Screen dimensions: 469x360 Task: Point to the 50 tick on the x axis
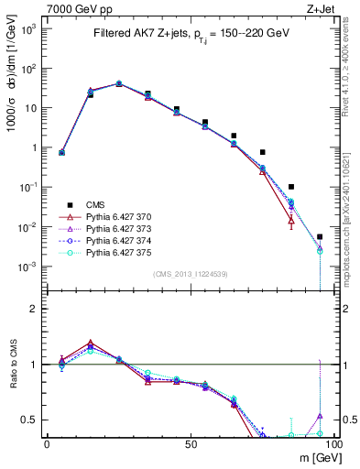coord(190,443)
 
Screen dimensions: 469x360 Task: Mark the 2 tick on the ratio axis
coord(36,309)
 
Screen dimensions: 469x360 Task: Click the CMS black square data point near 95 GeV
coord(320,237)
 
